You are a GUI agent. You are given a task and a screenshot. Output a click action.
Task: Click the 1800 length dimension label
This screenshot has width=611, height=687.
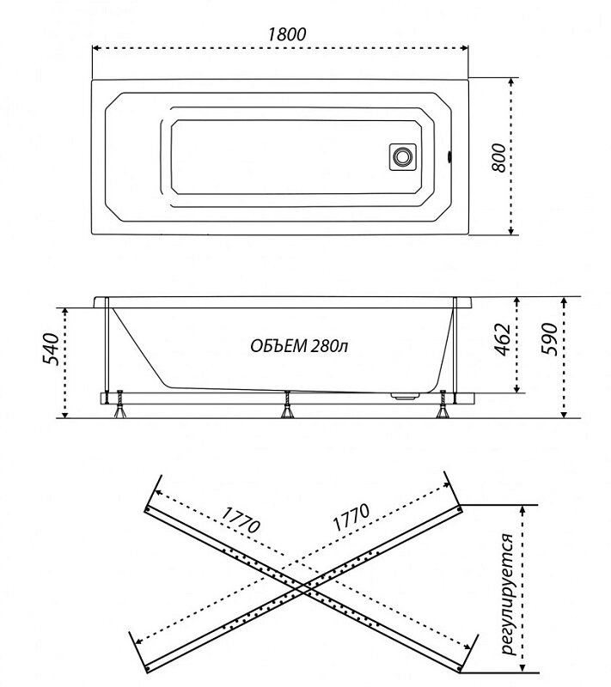coord(287,33)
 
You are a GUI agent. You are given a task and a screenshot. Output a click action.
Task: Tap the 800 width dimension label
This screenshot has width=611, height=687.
coord(498,157)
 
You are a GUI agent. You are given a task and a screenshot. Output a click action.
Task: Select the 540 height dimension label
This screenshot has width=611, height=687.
coord(51,349)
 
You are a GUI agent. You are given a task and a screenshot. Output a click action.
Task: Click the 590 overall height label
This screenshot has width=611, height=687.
coord(550,339)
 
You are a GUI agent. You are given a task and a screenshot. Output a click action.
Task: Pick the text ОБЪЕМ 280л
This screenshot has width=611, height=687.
coord(299,346)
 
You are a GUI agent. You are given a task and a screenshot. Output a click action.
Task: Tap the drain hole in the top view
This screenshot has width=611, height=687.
coord(402,156)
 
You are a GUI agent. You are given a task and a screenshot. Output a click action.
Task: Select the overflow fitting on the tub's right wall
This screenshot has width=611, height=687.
coord(449,157)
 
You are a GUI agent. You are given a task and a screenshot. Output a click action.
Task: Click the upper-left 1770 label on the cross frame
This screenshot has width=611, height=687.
coord(241,520)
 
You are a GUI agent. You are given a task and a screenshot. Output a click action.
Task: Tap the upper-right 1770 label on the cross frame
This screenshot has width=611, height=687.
coord(351,518)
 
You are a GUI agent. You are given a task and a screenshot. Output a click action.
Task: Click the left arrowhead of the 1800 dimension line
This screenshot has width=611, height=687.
coord(96,48)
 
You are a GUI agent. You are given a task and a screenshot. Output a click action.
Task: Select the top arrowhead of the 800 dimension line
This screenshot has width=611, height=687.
coord(510,82)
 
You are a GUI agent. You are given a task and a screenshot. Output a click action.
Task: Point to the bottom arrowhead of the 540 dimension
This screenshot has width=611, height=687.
coord(64,414)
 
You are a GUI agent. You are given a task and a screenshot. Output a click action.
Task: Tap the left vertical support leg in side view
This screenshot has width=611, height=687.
coord(107,350)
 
